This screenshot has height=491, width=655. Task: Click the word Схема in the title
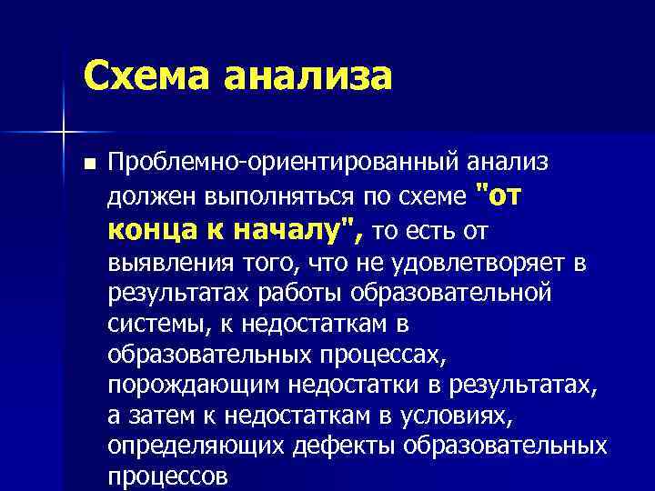139,75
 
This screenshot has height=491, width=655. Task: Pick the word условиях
478,416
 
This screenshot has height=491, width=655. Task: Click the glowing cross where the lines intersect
64,133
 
